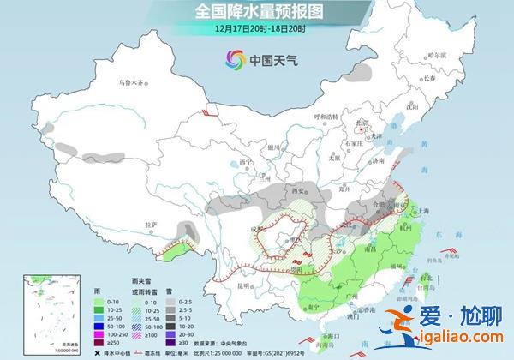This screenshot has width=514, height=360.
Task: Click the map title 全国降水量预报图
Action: tap(256, 12)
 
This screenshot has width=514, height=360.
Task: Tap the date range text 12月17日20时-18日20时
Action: tap(256, 28)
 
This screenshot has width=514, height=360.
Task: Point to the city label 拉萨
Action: tap(127, 225)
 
